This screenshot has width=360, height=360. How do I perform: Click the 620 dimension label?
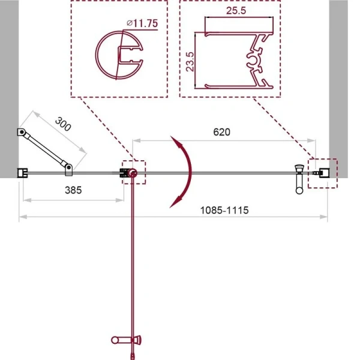tap(221, 132)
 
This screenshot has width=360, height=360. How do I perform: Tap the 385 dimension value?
tap(73, 190)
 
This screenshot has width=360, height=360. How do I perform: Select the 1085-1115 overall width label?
tap(224, 211)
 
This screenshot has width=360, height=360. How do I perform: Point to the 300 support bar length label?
tap(63, 124)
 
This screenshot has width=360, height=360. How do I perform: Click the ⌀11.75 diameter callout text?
tap(142, 23)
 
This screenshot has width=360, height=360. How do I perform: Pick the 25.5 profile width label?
tap(236, 11)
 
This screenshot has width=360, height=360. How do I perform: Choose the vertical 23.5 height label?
tap(190, 62)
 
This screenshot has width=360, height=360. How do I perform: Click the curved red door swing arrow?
tap(184, 172)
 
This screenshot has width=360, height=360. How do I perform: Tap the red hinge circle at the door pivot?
tap(133, 173)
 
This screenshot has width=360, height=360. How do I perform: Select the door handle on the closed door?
tap(299, 179)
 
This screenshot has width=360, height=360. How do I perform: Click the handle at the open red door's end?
tap(126, 340)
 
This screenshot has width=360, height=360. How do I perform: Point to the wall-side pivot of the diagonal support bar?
tap(22, 132)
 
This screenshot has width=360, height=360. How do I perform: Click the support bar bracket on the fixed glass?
tap(68, 170)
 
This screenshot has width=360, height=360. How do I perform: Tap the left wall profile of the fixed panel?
tap(23, 173)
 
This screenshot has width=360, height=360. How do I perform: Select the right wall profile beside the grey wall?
tap(325, 173)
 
